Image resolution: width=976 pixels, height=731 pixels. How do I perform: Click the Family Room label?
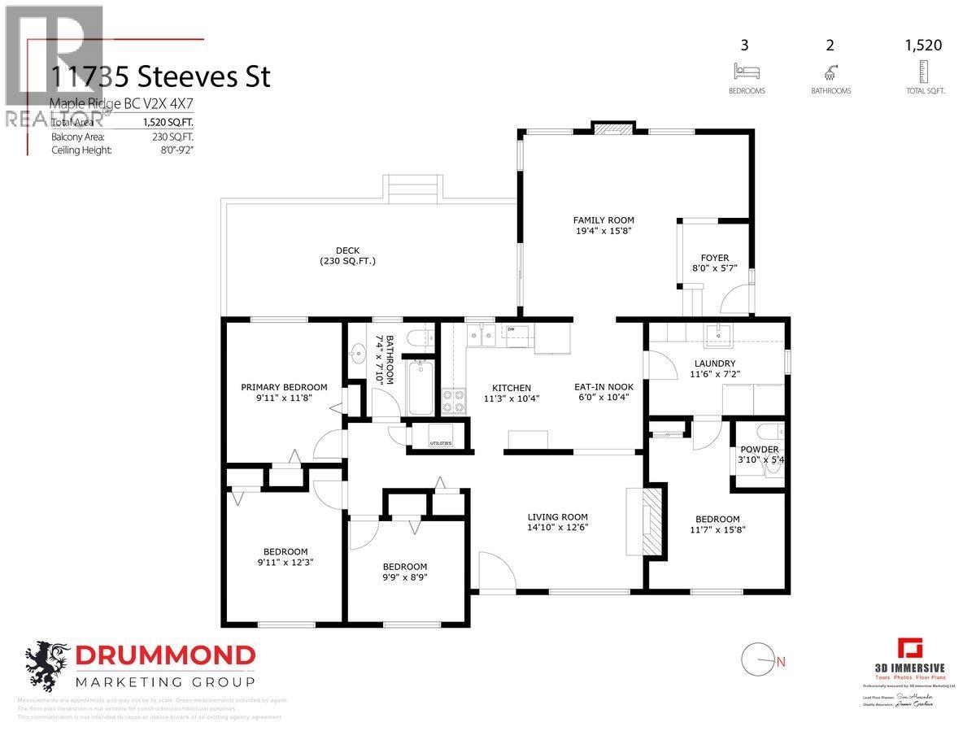pos(603,220)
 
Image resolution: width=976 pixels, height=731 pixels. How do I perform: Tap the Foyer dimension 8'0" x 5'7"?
pos(710,269)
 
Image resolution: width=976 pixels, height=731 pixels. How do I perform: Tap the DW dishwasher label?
pos(512,329)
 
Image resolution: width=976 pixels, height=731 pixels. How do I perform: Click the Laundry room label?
pos(715,363)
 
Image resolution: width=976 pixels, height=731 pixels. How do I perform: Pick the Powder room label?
pos(759,450)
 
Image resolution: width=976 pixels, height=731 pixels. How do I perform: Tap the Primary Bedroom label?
pos(284,387)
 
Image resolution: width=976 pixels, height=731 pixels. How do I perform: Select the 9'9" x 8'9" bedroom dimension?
pos(404,578)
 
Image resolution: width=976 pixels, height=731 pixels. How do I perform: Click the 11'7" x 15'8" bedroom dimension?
pos(717,529)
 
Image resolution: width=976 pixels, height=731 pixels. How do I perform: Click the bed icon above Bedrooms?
pos(746,71)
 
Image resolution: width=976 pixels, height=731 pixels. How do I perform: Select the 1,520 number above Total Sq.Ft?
pos(923,46)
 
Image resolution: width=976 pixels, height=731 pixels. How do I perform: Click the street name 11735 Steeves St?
pos(160,77)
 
